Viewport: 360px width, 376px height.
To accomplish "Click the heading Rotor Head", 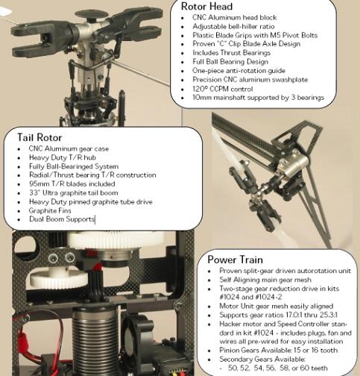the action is [206, 7].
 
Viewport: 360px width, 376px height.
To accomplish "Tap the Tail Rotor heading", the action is [40, 137].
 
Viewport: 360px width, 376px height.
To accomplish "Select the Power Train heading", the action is [235, 260].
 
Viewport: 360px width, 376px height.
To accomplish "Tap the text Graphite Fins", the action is [50, 210].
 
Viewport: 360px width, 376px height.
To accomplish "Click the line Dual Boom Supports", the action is [62, 219].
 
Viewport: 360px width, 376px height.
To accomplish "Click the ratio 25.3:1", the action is [329, 315].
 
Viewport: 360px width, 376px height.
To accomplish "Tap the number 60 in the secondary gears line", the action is [304, 368].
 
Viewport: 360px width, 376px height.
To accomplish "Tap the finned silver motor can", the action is [95, 341].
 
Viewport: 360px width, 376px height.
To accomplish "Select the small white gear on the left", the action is [59, 278].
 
